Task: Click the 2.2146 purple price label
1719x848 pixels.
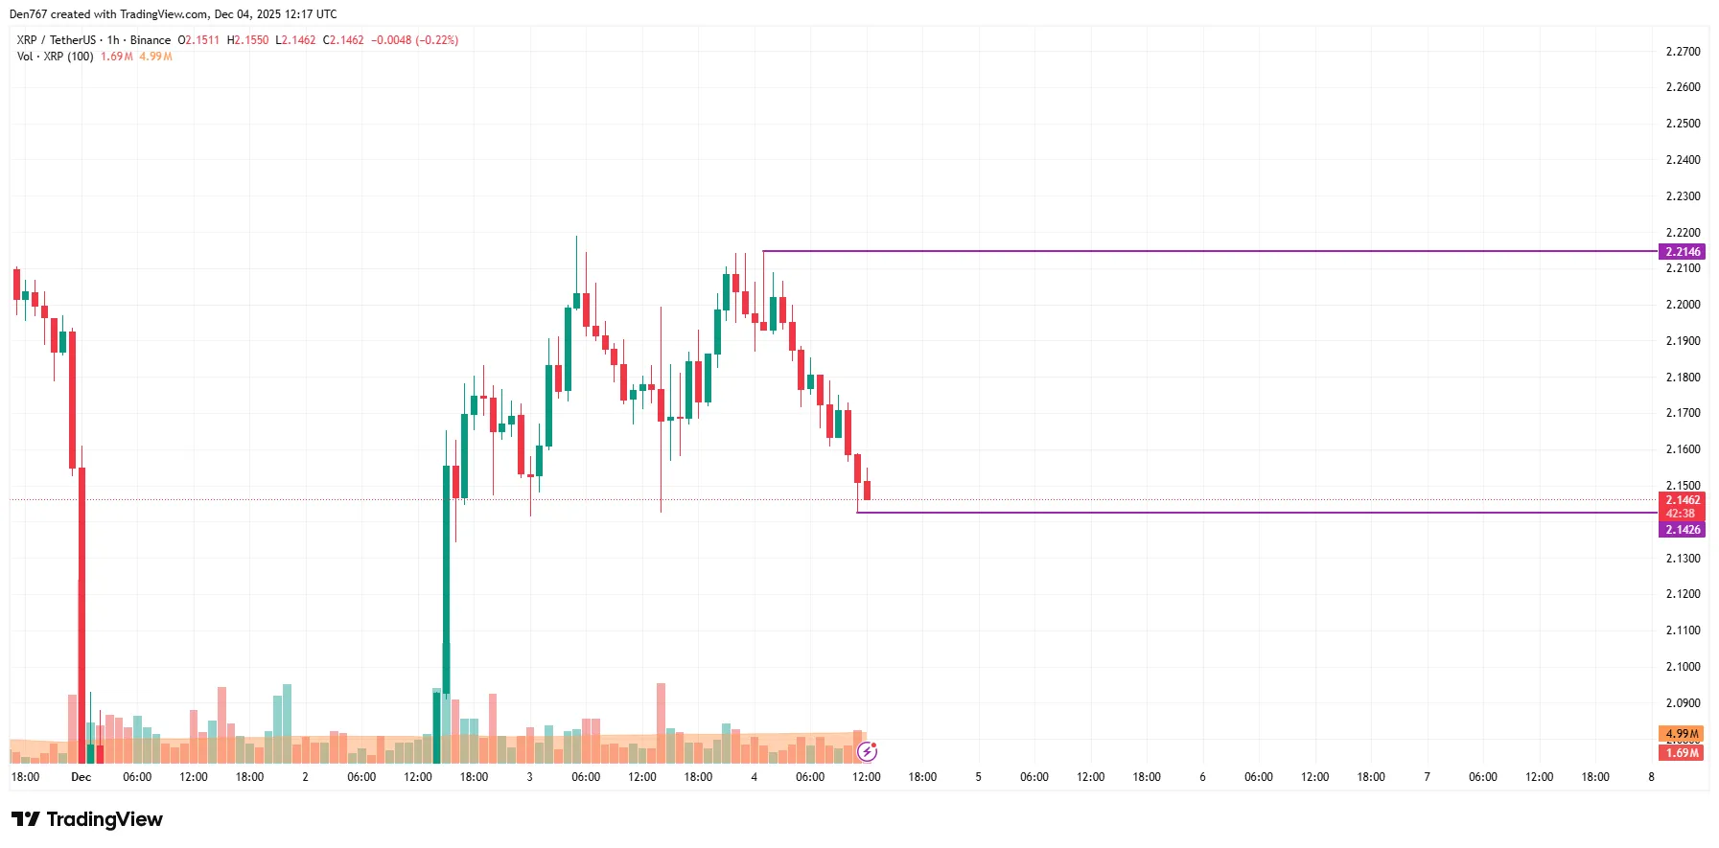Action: (x=1682, y=252)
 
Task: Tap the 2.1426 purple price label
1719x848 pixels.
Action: (x=1682, y=530)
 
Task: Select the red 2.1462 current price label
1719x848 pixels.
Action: (x=1682, y=500)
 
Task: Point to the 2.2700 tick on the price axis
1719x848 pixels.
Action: (x=1683, y=52)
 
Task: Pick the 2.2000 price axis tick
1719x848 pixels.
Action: (x=1683, y=305)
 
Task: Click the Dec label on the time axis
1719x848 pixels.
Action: (x=81, y=777)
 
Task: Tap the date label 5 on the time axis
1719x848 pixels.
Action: (x=978, y=777)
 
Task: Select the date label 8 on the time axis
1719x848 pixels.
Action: (x=1651, y=777)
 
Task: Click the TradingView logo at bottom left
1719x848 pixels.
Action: (x=87, y=819)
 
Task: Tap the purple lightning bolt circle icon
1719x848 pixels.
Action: (x=867, y=751)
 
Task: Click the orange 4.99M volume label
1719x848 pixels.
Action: (x=1682, y=734)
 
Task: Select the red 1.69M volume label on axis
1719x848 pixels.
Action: (x=1682, y=753)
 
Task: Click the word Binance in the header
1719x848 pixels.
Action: (x=151, y=40)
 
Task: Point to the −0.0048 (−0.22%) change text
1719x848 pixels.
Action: (x=414, y=40)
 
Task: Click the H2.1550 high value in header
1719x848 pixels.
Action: (x=247, y=40)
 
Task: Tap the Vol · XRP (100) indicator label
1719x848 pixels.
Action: (x=56, y=57)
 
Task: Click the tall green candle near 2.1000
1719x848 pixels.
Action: (x=446, y=575)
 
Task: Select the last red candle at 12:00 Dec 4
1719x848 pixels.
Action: (x=867, y=491)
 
